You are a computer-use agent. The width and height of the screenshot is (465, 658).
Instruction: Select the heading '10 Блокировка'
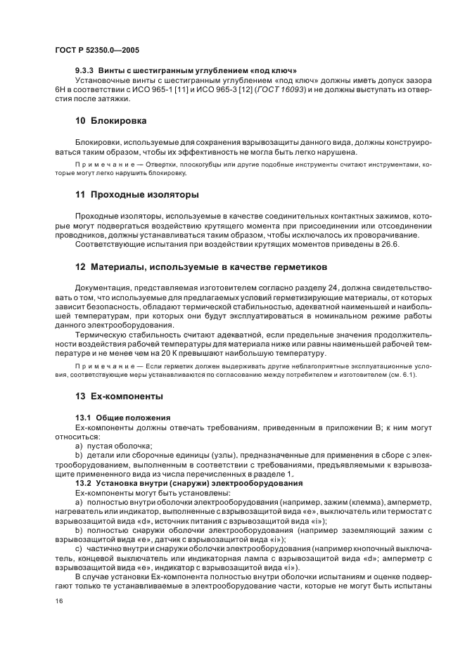coord(111,121)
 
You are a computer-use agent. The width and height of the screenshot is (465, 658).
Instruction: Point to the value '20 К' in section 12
coord(172,354)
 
